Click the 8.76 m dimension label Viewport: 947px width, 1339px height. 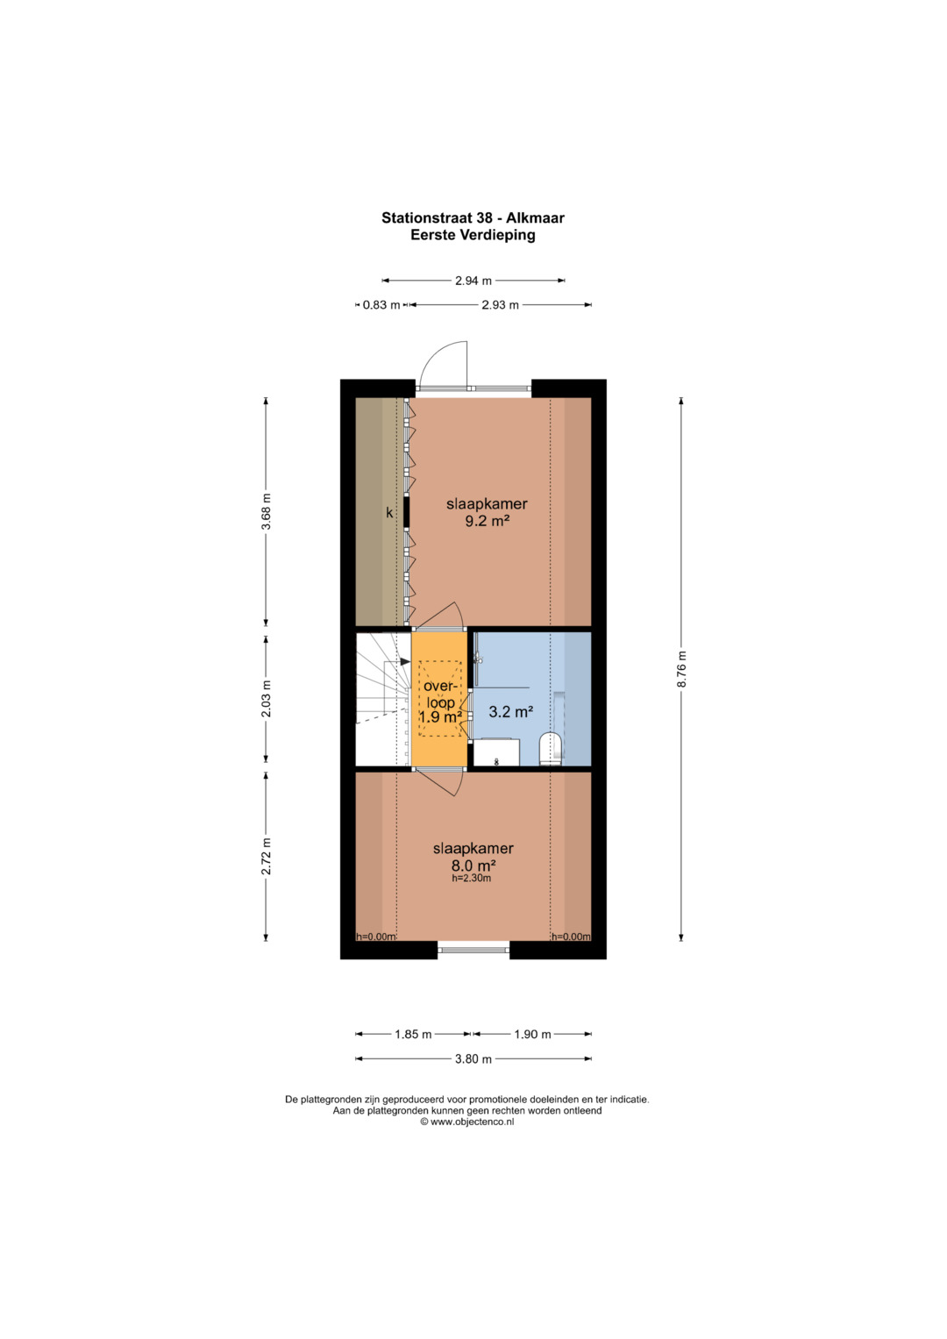click(681, 670)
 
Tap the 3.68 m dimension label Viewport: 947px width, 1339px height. click(267, 511)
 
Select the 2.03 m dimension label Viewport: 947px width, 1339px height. click(267, 698)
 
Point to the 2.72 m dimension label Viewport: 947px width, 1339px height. click(267, 856)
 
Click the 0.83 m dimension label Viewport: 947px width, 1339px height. click(381, 305)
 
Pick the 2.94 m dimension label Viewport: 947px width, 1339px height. click(473, 281)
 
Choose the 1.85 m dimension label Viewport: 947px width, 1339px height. click(413, 1035)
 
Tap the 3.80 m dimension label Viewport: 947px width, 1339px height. click(473, 1059)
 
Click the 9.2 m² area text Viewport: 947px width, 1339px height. click(488, 521)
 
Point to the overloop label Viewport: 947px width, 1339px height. click(440, 694)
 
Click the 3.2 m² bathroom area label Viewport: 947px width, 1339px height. click(511, 711)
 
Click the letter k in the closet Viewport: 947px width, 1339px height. click(390, 512)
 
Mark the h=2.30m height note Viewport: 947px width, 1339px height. click(472, 878)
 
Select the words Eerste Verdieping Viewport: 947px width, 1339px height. click(473, 235)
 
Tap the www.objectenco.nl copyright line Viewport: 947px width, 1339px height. click(466, 1122)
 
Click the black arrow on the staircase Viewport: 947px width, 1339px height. click(405, 661)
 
